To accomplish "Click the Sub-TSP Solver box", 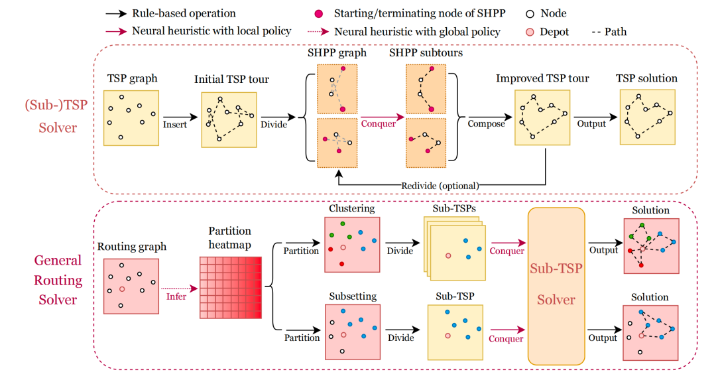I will [556, 286].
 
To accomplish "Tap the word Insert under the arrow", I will [176, 124].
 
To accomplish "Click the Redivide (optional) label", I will [440, 185].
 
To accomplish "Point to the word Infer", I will [176, 296].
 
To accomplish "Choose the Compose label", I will [486, 123].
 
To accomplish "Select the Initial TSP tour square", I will [229, 119].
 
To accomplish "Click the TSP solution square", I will [646, 117].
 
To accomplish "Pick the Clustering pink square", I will [351, 244].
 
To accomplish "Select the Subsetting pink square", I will [351, 332].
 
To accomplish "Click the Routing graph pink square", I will [131, 286].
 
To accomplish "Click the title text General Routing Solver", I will [58, 280].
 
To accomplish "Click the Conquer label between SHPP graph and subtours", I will [378, 123].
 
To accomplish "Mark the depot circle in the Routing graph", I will [121, 290].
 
